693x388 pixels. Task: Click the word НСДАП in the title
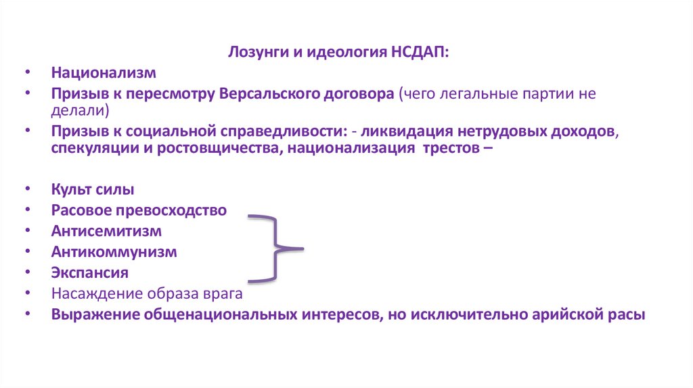pyautogui.click(x=420, y=53)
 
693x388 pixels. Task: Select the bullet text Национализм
pyautogui.click(x=104, y=72)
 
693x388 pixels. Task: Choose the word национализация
pyautogui.click(x=349, y=147)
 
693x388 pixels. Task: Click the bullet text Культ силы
pyautogui.click(x=92, y=190)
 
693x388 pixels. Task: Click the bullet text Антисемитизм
pyautogui.click(x=106, y=231)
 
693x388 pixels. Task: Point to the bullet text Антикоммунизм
pyautogui.click(x=114, y=252)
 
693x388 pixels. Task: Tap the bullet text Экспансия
pyautogui.click(x=89, y=273)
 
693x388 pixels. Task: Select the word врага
pyautogui.click(x=223, y=294)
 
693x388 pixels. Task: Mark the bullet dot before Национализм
pyautogui.click(x=28, y=73)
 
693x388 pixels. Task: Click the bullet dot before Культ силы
pyautogui.click(x=28, y=191)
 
